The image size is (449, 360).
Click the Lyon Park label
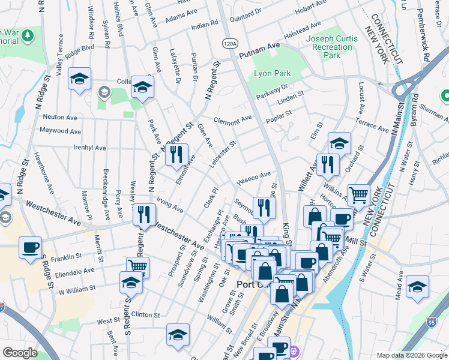tap(272, 73)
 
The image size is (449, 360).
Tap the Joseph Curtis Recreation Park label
tap(332, 47)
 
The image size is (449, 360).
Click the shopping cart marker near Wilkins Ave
tap(358, 194)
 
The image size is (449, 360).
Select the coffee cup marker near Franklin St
tap(29, 247)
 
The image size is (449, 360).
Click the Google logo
tap(20, 353)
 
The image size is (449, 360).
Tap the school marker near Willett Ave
tap(339, 143)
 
